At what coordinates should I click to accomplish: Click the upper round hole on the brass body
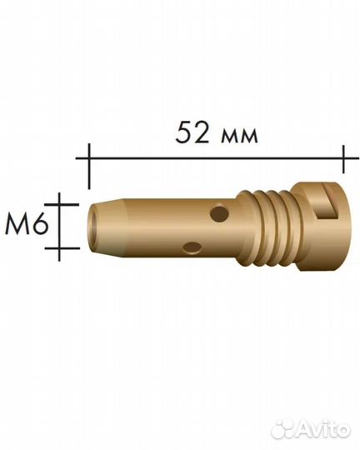pos(219,213)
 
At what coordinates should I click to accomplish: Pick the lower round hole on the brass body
pos(192,247)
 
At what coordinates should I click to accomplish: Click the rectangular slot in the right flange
pos(329,202)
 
